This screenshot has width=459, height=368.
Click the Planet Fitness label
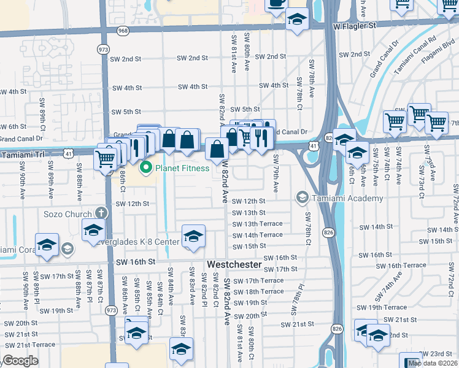(x=183, y=167)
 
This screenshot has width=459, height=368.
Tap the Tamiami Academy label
(x=347, y=198)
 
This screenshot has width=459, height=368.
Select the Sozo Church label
(x=68, y=214)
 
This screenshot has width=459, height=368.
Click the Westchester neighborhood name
(x=234, y=264)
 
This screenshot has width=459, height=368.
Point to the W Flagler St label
(x=354, y=26)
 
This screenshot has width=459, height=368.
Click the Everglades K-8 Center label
(x=136, y=241)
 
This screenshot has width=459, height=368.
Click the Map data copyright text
(x=433, y=363)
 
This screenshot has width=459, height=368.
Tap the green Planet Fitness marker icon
(x=146, y=167)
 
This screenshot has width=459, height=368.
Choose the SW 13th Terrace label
(x=258, y=224)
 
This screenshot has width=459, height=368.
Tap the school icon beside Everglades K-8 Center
(x=193, y=237)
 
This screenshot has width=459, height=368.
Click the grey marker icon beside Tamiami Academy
(x=302, y=198)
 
